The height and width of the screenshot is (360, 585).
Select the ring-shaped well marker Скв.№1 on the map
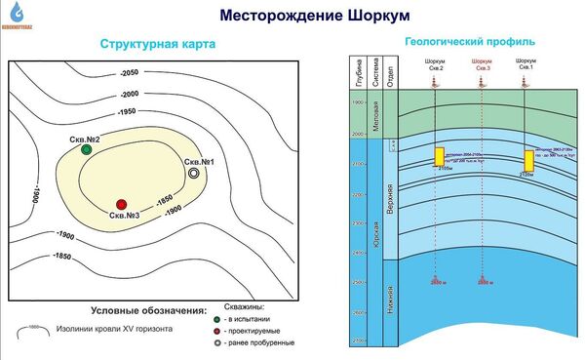(195, 173)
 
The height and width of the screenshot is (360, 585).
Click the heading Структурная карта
(157, 45)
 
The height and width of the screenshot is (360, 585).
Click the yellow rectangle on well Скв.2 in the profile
(440, 156)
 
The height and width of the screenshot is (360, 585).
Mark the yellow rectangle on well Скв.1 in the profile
(529, 160)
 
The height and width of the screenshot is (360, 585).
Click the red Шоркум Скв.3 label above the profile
(481, 65)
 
